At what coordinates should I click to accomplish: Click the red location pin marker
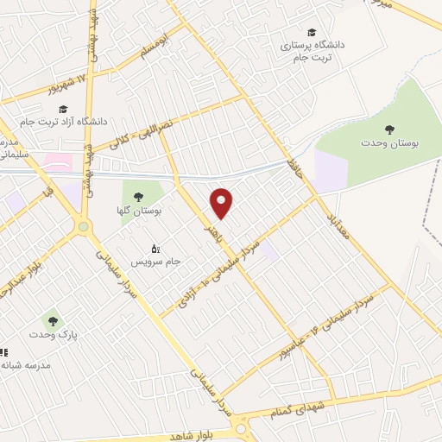(x=222, y=203)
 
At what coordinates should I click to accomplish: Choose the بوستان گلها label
(x=140, y=210)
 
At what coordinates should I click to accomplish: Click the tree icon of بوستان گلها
(x=139, y=197)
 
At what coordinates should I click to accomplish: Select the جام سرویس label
(x=156, y=259)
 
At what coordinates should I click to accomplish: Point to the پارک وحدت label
(x=54, y=334)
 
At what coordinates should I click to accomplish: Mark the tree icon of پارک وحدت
(x=54, y=321)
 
